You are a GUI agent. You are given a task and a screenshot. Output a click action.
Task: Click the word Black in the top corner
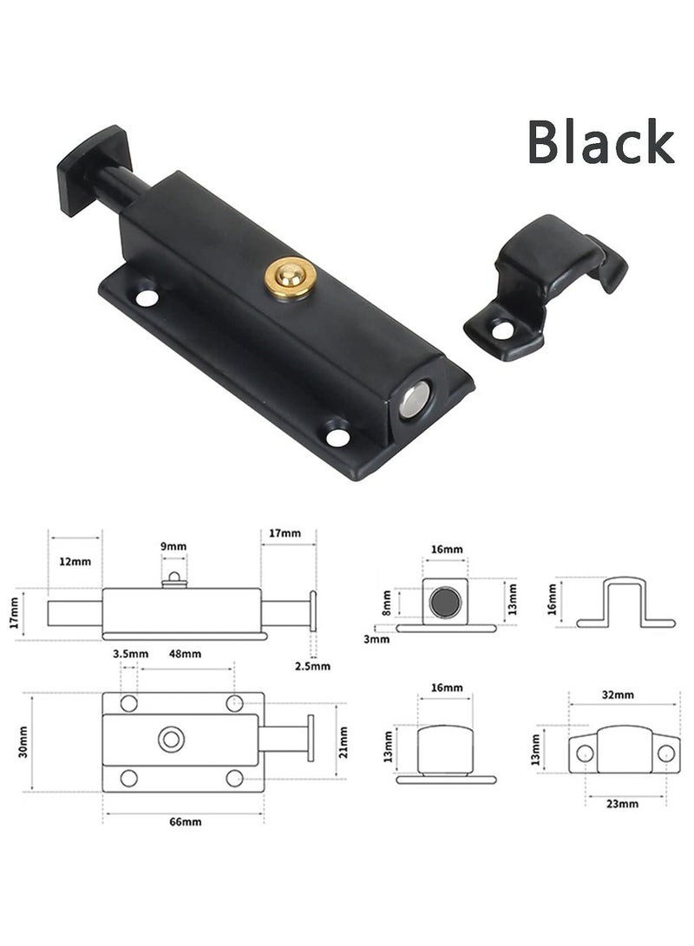click(x=600, y=143)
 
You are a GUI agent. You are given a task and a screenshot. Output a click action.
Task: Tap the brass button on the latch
click(x=289, y=277)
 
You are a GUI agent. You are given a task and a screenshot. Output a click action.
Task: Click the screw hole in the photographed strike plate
click(x=501, y=329)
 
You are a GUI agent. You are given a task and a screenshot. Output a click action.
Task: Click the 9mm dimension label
click(x=173, y=546)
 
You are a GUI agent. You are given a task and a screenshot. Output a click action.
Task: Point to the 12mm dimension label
click(x=75, y=561)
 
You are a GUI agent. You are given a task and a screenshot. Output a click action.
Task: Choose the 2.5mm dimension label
click(x=313, y=666)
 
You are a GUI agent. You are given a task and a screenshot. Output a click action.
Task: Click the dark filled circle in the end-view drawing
click(x=446, y=601)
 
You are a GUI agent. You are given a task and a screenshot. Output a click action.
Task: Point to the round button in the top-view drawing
click(x=171, y=740)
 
